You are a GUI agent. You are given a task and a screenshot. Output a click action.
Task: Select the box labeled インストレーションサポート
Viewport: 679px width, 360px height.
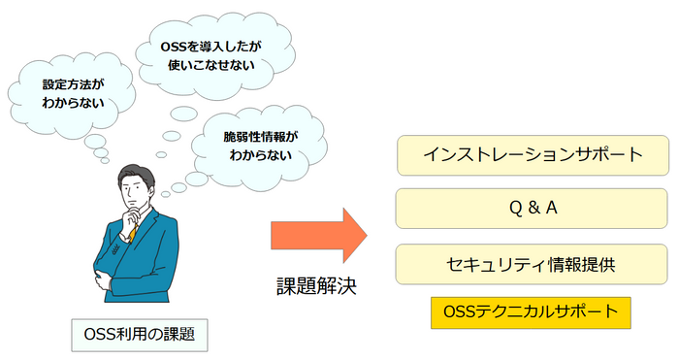533,155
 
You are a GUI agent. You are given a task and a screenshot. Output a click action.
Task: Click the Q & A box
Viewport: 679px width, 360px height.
533,209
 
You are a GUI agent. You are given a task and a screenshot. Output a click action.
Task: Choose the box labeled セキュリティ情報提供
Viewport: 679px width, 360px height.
533,263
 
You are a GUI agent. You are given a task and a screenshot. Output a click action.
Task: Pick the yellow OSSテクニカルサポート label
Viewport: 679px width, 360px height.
531,312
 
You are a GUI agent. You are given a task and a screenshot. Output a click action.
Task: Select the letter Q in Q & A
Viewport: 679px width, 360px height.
513,209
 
